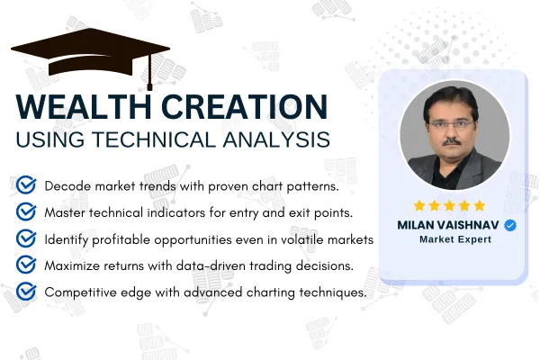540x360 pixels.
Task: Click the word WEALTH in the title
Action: coord(84,106)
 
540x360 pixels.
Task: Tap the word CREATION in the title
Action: coord(244,106)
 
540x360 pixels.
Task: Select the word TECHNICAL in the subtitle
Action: coord(153,139)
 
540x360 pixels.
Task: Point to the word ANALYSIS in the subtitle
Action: coord(276,139)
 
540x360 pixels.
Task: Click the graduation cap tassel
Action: coord(149,73)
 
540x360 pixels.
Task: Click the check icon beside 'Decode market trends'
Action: coord(26,185)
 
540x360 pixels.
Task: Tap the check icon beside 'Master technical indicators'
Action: coord(26,211)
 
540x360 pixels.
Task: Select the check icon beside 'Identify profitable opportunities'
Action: coord(26,238)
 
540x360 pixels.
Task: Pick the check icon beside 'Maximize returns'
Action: coord(26,265)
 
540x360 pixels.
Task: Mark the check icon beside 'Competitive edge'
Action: coord(26,292)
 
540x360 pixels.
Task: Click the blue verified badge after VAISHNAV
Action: coord(510,225)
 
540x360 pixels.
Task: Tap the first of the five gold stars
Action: coord(419,206)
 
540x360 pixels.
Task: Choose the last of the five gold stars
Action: coord(480,206)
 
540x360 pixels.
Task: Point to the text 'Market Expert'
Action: coord(455,239)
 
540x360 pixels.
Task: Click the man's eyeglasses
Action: coord(451,123)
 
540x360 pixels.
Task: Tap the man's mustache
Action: coord(452,141)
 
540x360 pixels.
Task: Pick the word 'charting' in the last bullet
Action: coord(271,292)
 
